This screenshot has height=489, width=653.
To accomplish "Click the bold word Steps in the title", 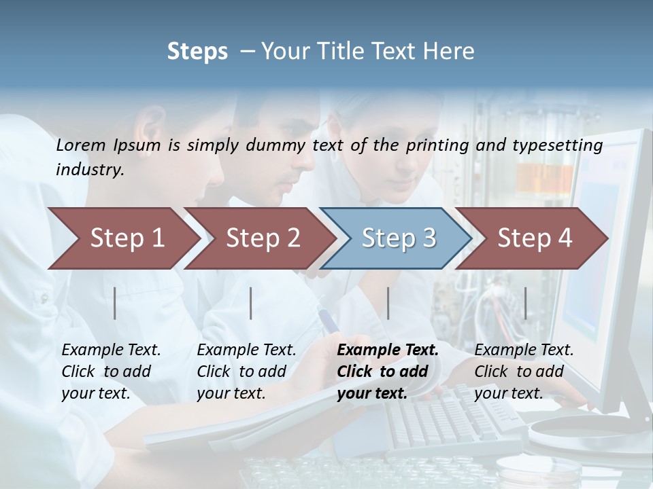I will tap(197, 52).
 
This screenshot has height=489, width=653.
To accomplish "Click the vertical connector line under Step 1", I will tap(115, 303).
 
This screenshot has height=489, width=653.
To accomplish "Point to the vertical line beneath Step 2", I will tap(251, 303).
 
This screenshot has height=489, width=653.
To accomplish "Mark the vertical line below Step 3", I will tap(388, 303).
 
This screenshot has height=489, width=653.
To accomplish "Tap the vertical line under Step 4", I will tap(525, 303).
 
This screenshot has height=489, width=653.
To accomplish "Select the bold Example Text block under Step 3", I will tap(387, 372).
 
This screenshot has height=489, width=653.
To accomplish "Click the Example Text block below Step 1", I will tap(111, 372).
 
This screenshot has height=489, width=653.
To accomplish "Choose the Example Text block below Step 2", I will tap(246, 372).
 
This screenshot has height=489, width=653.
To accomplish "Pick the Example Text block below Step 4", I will tap(524, 372).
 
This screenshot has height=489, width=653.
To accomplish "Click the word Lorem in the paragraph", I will tap(81, 145).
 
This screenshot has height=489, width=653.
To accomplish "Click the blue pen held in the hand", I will tap(329, 320).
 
